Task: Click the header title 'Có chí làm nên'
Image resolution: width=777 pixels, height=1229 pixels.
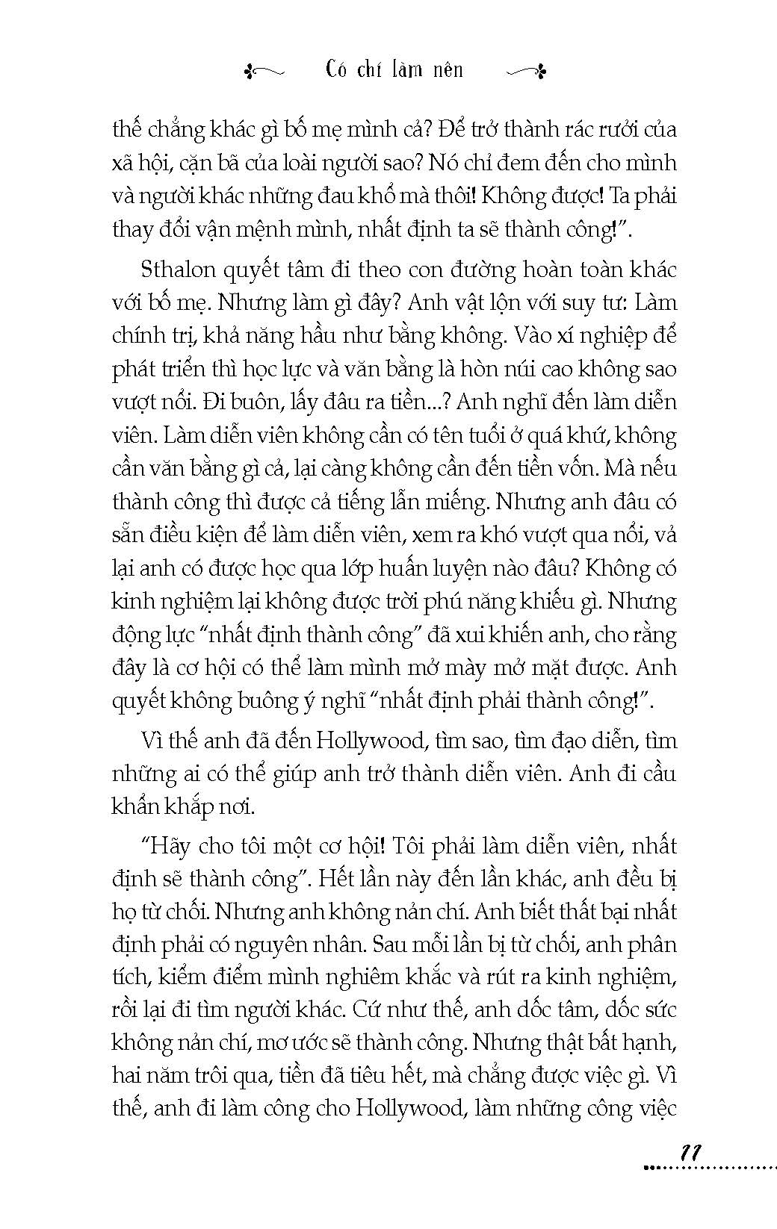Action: pyautogui.click(x=395, y=70)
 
